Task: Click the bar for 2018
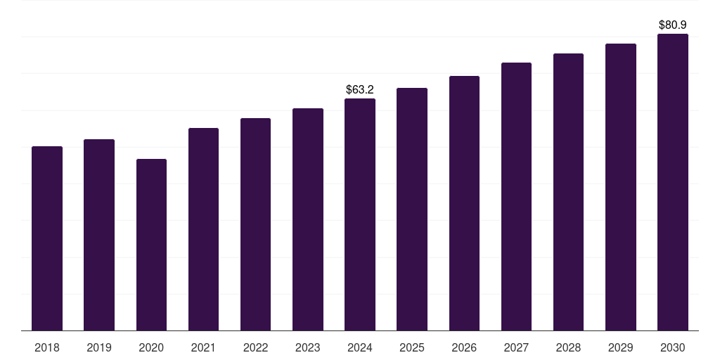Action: coord(47,238)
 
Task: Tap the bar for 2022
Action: coord(255,224)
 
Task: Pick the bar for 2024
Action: coord(360,214)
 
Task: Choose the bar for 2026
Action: coord(464,203)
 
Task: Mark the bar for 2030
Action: coord(673,182)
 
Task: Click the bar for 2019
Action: coord(99,235)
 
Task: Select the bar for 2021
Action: coord(203,229)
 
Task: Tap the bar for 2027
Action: coord(516,197)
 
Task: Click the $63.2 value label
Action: coord(360,89)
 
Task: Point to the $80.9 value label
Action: coord(673,25)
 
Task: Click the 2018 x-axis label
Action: coord(47,347)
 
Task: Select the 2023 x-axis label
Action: coord(308,347)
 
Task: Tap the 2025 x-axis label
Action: coord(412,347)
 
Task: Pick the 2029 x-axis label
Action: coord(621,347)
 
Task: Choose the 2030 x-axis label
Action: coord(673,347)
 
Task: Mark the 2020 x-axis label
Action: coord(151,347)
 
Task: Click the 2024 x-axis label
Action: coord(360,347)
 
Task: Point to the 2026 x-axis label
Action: coord(464,347)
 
